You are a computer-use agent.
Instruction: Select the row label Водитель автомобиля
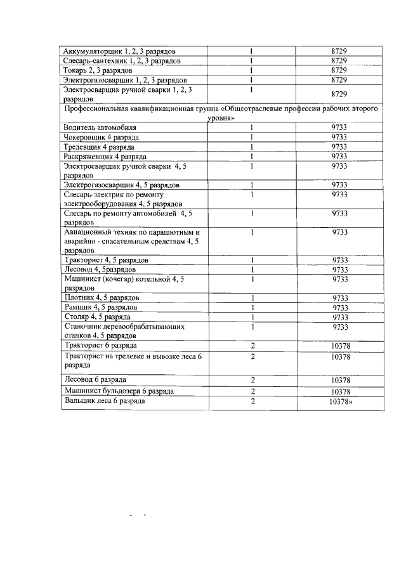coord(100,127)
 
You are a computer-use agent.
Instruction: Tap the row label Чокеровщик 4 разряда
coord(101,137)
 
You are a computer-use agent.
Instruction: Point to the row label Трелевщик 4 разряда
coord(100,147)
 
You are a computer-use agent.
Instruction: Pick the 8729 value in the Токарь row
coord(339,70)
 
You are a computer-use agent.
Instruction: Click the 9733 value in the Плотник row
coord(340,297)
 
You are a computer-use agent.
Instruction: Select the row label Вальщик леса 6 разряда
coord(105,401)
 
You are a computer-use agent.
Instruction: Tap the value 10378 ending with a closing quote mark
coord(341,401)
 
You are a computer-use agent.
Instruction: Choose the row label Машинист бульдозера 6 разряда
coord(119,392)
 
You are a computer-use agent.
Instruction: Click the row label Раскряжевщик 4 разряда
coord(106,156)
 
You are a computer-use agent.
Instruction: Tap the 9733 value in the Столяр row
coord(340,316)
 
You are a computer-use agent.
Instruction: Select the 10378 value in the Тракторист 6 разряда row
coord(341,345)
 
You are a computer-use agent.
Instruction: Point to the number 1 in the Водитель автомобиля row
coord(252,127)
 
